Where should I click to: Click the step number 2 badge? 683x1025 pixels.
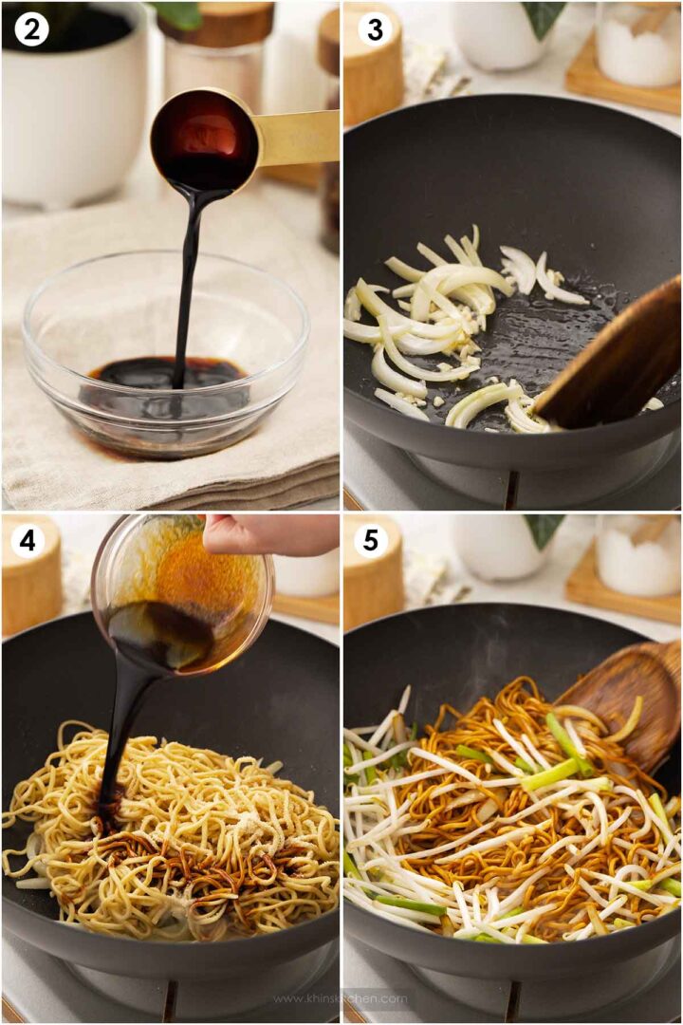pyautogui.click(x=31, y=30)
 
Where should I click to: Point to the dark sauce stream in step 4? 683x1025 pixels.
pyautogui.click(x=119, y=731)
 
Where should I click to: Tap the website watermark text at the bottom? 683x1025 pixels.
pyautogui.click(x=341, y=997)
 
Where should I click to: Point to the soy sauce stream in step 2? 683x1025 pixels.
pyautogui.click(x=185, y=285)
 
